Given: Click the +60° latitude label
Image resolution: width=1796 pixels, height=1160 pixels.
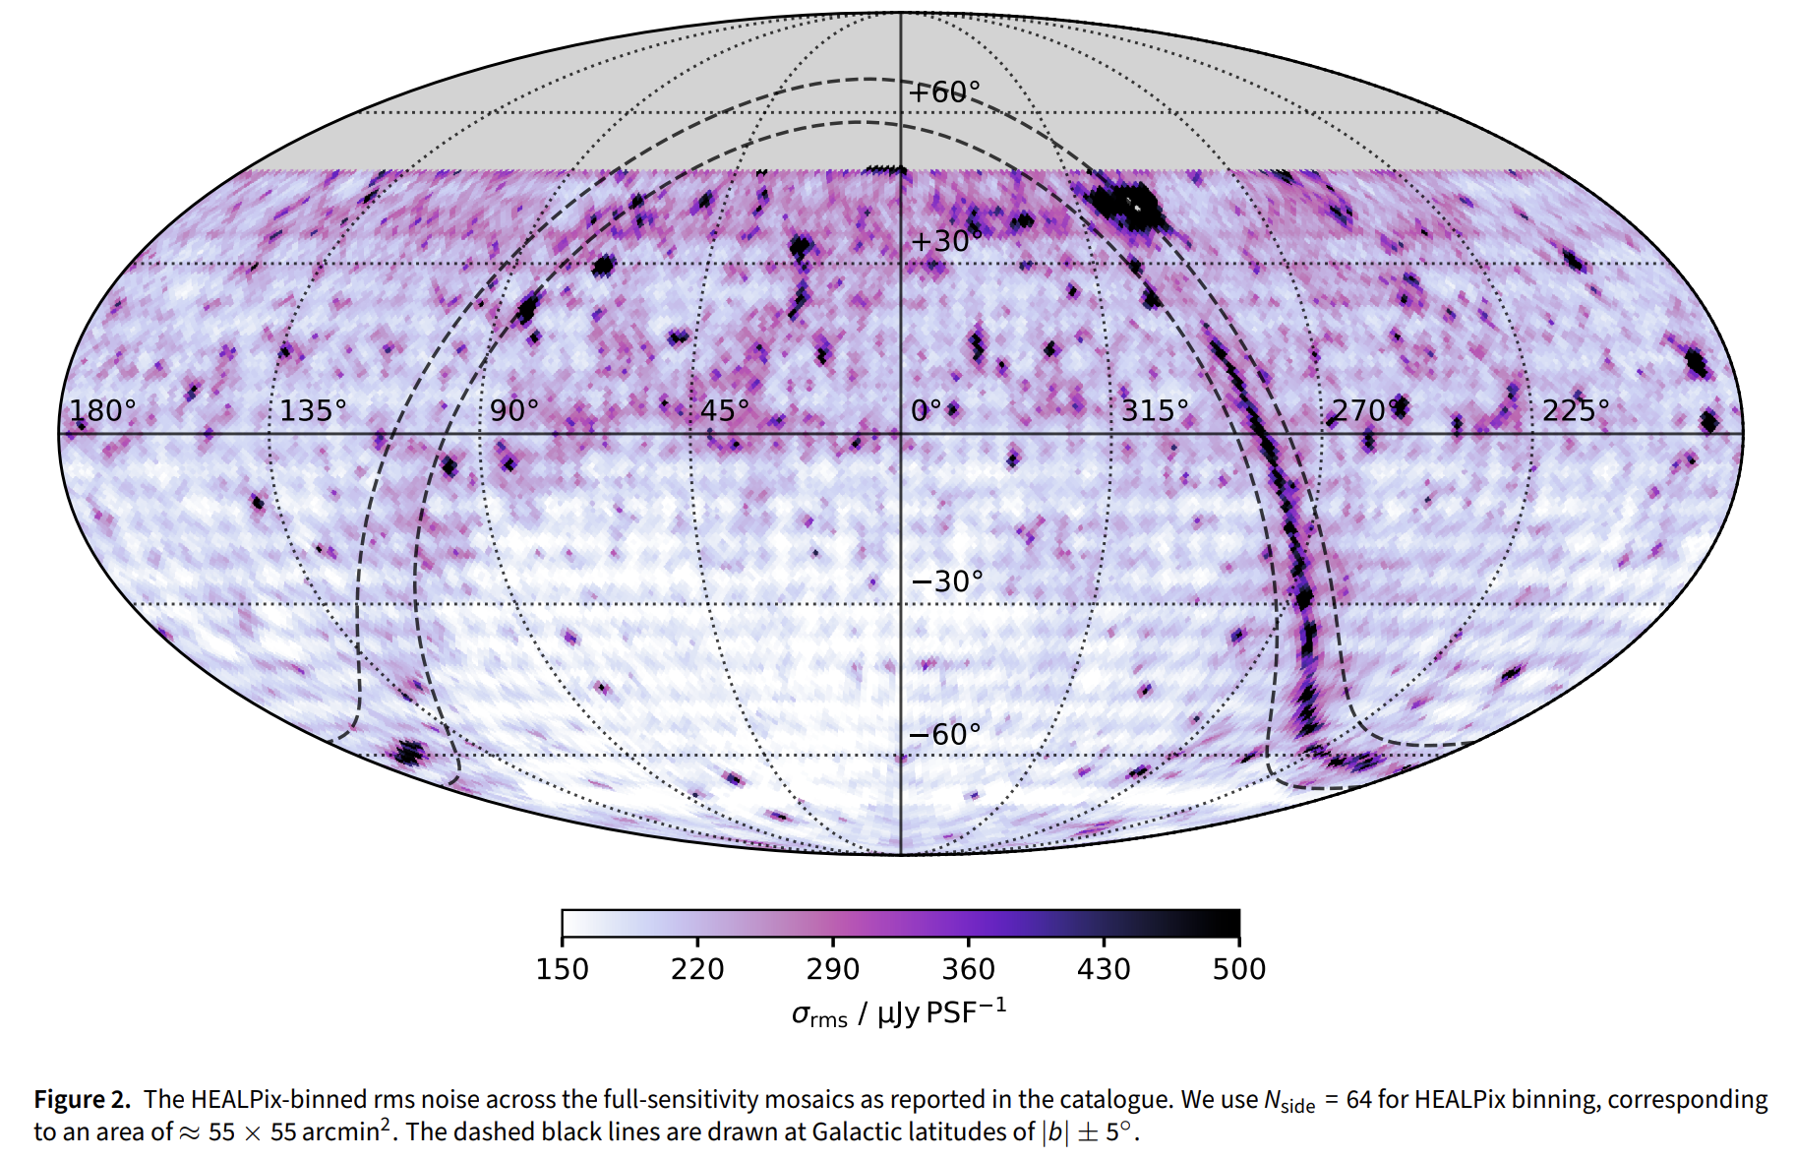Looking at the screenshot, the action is [945, 92].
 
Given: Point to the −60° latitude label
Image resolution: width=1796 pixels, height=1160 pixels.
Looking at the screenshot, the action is [945, 734].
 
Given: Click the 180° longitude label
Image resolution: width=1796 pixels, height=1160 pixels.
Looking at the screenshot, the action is [102, 410].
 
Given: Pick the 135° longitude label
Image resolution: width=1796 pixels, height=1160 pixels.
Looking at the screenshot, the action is [314, 410].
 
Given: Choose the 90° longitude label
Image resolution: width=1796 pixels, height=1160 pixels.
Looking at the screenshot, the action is [514, 410].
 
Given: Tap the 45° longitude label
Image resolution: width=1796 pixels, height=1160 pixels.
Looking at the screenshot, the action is [725, 410].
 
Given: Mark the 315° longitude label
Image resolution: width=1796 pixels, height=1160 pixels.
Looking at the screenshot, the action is [1155, 410].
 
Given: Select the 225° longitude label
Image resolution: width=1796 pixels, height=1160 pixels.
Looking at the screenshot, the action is [1576, 410].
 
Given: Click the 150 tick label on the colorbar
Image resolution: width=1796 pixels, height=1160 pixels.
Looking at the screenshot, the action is [563, 970].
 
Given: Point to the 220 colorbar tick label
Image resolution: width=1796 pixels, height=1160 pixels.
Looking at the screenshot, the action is [697, 970].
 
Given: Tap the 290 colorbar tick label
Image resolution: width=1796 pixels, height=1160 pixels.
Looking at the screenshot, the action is [833, 970].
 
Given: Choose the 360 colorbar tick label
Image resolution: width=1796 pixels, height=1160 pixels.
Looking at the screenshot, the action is [969, 970].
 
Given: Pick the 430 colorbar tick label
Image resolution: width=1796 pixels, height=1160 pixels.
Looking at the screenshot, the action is [1104, 970].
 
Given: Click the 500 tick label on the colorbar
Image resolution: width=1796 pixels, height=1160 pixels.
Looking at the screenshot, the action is [1239, 970].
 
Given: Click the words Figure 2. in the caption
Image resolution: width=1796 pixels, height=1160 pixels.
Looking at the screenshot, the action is [83, 1100].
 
